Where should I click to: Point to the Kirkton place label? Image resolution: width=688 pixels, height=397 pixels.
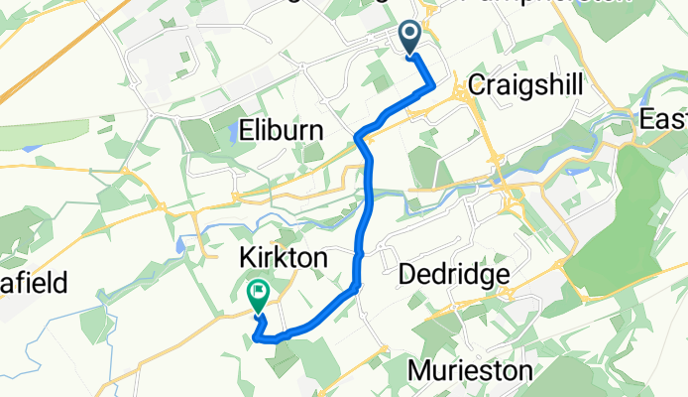coord(284,257)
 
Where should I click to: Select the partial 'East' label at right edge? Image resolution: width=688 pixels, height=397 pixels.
coord(662,120)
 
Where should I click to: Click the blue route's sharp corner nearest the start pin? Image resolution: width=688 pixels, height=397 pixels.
coord(433,87)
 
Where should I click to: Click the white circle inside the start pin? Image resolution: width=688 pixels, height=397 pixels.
coord(409,35)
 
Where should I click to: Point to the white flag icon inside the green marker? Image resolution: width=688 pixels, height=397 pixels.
coord(258,292)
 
